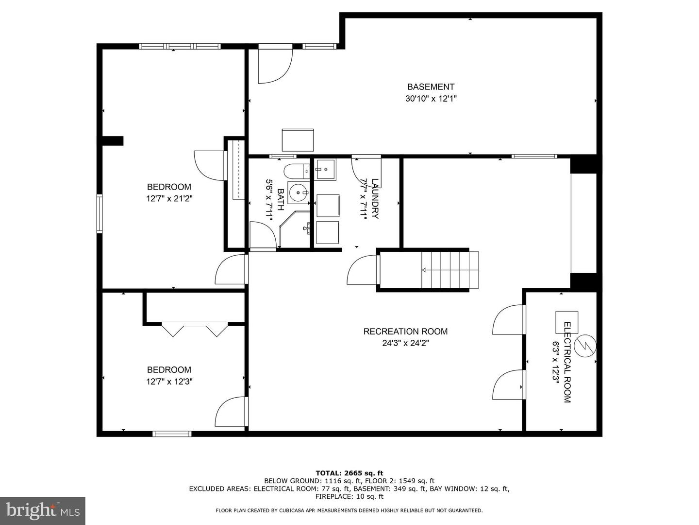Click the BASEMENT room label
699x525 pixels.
point(431,87)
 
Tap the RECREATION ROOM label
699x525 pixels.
point(405,331)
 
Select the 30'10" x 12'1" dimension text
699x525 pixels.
point(431,99)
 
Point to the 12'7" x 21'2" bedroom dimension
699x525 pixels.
point(169,199)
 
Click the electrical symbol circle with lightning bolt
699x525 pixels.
point(586,346)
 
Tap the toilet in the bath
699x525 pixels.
point(296,171)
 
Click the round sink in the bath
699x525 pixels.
point(299,192)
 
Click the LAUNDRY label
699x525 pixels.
point(375,199)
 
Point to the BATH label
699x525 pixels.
point(281,199)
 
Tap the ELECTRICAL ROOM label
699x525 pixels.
point(567,362)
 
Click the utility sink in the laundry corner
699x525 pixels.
point(325,170)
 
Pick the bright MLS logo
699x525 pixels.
point(43,511)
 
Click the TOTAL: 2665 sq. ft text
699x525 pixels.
point(349,472)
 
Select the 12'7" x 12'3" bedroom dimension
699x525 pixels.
point(169,381)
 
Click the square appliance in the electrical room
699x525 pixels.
point(567,322)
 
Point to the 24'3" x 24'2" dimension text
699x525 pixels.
point(406,343)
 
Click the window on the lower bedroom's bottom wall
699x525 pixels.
point(172,434)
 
